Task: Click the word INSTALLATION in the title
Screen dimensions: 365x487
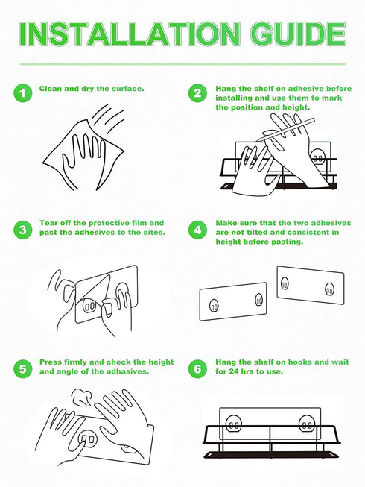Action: [x=129, y=34]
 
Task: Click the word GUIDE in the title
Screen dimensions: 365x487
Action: [x=298, y=34]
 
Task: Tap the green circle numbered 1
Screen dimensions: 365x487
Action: [x=22, y=93]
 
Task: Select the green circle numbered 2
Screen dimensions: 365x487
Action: [x=197, y=93]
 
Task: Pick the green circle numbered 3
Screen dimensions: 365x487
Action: [x=22, y=230]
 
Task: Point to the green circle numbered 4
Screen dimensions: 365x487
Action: [x=197, y=230]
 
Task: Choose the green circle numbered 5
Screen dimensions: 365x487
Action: [x=22, y=369]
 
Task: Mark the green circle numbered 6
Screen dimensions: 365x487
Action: [x=197, y=369]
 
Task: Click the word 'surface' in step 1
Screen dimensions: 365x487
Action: [x=127, y=89]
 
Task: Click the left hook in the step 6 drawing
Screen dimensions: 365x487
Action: [x=233, y=425]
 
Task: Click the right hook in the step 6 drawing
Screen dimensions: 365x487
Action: [x=307, y=424]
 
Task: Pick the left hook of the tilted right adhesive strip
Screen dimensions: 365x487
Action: [x=285, y=283]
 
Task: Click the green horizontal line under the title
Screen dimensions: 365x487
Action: [x=182, y=64]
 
